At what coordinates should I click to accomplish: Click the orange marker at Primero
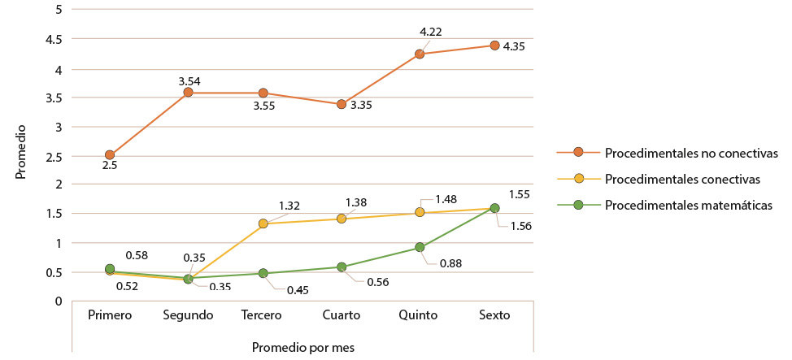pos(110,154)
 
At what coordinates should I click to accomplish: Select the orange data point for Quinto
pos(420,54)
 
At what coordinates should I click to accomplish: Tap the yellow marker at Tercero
pos(263,223)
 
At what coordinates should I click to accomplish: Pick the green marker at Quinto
pos(420,247)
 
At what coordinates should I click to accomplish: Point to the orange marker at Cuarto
pos(342,104)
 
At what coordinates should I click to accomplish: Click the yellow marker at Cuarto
pos(342,219)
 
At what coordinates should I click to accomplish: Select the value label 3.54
pos(189,80)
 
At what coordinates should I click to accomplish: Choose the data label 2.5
pos(110,166)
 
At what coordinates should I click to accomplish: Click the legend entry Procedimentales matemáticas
pos(688,205)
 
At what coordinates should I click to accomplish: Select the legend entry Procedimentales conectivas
pos(683,178)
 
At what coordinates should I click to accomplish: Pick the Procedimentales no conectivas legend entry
pos(692,152)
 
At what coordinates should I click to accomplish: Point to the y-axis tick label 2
pos(58,184)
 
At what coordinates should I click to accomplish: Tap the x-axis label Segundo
pos(188,315)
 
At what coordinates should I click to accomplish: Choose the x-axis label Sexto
pos(494,315)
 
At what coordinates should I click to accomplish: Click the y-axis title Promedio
pos(21,151)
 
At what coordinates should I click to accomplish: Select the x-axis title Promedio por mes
pos(302,346)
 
